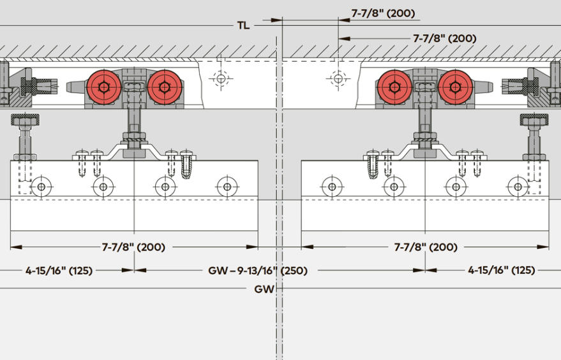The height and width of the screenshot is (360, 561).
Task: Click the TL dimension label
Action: coord(243,25)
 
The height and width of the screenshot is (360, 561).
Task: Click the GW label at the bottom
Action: coord(264,289)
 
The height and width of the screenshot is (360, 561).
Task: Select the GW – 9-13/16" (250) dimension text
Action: coord(258,270)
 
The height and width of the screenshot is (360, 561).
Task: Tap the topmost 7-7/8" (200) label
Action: coord(383,13)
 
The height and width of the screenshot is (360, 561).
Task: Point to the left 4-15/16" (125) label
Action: coord(59,270)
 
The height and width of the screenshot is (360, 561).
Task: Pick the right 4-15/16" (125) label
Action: coord(501,270)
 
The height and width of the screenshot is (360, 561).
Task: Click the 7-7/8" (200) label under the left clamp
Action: coord(133,247)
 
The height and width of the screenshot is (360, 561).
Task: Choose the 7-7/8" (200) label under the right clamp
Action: coord(426,247)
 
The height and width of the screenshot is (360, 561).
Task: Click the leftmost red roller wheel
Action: coord(104,87)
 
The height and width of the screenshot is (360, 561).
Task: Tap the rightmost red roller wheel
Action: coord(456,87)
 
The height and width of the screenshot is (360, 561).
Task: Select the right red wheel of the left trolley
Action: coord(165,87)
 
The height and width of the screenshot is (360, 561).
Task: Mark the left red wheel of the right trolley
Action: coord(394,87)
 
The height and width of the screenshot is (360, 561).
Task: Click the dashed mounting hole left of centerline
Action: coord(221,78)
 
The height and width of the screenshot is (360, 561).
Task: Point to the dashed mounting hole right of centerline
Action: coord(338,78)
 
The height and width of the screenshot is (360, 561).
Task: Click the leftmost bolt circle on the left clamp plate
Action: coord(41,187)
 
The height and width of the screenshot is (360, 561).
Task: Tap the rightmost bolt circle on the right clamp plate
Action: coord(518,187)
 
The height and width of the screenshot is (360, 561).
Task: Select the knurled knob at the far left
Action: coord(25,120)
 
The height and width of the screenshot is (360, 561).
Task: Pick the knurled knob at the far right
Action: coord(534,120)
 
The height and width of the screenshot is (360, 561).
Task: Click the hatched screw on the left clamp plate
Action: coord(186,164)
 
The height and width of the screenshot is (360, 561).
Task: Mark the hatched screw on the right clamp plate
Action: coord(373,164)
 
